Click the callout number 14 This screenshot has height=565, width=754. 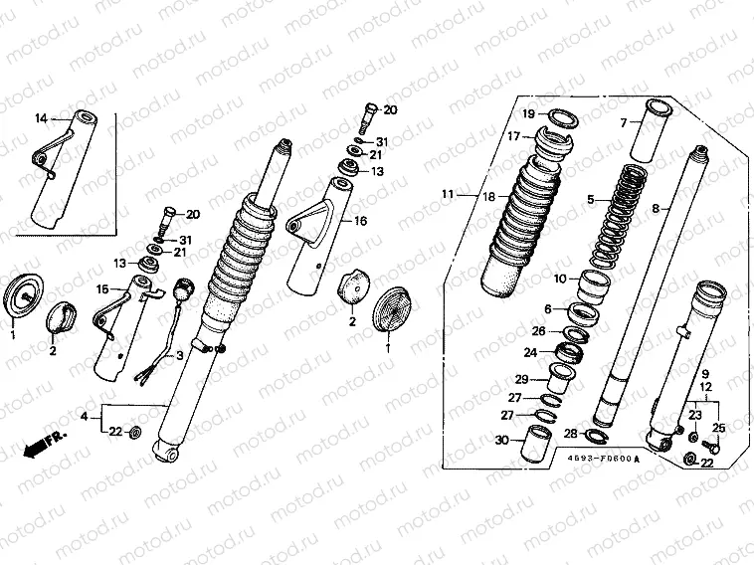(41, 119)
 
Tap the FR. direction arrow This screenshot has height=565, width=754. (39, 444)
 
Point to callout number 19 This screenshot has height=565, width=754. (530, 112)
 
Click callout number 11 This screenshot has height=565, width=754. (448, 193)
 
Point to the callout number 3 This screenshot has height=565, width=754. (179, 355)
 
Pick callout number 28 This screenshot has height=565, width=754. (569, 434)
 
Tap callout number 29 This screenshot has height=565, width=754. (521, 379)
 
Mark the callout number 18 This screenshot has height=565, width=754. (488, 198)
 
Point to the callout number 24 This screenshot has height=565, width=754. (531, 351)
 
